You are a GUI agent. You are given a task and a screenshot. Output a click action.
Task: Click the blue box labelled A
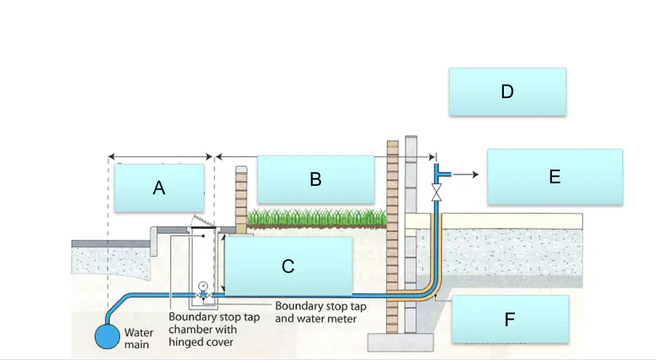(x=159, y=188)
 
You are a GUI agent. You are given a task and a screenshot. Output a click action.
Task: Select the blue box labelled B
(x=316, y=179)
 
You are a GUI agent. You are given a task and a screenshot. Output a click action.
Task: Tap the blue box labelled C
(x=288, y=266)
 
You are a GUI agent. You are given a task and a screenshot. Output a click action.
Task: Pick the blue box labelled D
(x=508, y=92)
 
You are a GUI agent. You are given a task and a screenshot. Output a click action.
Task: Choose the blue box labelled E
(x=555, y=177)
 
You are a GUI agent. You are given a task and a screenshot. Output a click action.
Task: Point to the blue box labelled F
(x=510, y=320)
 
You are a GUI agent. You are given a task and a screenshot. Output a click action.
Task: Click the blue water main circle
(x=107, y=337)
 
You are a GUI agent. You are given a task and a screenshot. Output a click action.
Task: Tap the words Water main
(x=138, y=339)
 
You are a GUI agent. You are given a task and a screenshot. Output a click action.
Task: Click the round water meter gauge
(x=203, y=286)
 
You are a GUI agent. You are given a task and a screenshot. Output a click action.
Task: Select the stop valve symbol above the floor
(x=436, y=192)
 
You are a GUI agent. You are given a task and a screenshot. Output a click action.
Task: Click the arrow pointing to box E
(x=466, y=174)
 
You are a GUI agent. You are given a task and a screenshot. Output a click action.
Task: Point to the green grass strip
(x=317, y=218)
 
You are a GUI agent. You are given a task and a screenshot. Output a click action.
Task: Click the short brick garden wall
(x=241, y=200)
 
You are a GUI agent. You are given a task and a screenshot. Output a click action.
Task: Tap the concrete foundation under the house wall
(x=400, y=342)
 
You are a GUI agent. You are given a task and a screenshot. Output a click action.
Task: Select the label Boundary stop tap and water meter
(x=321, y=313)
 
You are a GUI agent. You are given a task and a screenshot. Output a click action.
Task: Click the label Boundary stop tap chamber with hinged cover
(x=214, y=329)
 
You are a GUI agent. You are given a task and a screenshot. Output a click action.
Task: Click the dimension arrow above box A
(x=160, y=157)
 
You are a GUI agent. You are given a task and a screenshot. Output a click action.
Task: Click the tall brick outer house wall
(x=393, y=237)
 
